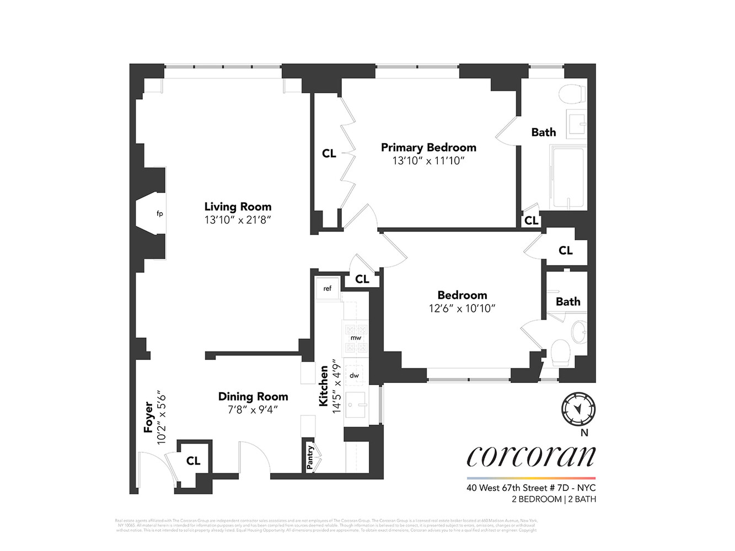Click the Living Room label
tap(238, 207)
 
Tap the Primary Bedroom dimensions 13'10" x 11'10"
tap(428, 161)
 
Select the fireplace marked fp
tap(159, 214)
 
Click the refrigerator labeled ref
tap(327, 288)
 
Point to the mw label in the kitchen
tap(356, 337)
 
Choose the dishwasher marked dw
tap(354, 375)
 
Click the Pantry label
tap(311, 457)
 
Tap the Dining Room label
tap(253, 396)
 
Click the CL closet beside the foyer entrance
tap(193, 461)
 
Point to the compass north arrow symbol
tap(576, 408)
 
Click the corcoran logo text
tap(531, 455)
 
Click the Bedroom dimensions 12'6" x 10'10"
tap(462, 308)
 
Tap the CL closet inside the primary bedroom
tap(329, 154)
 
